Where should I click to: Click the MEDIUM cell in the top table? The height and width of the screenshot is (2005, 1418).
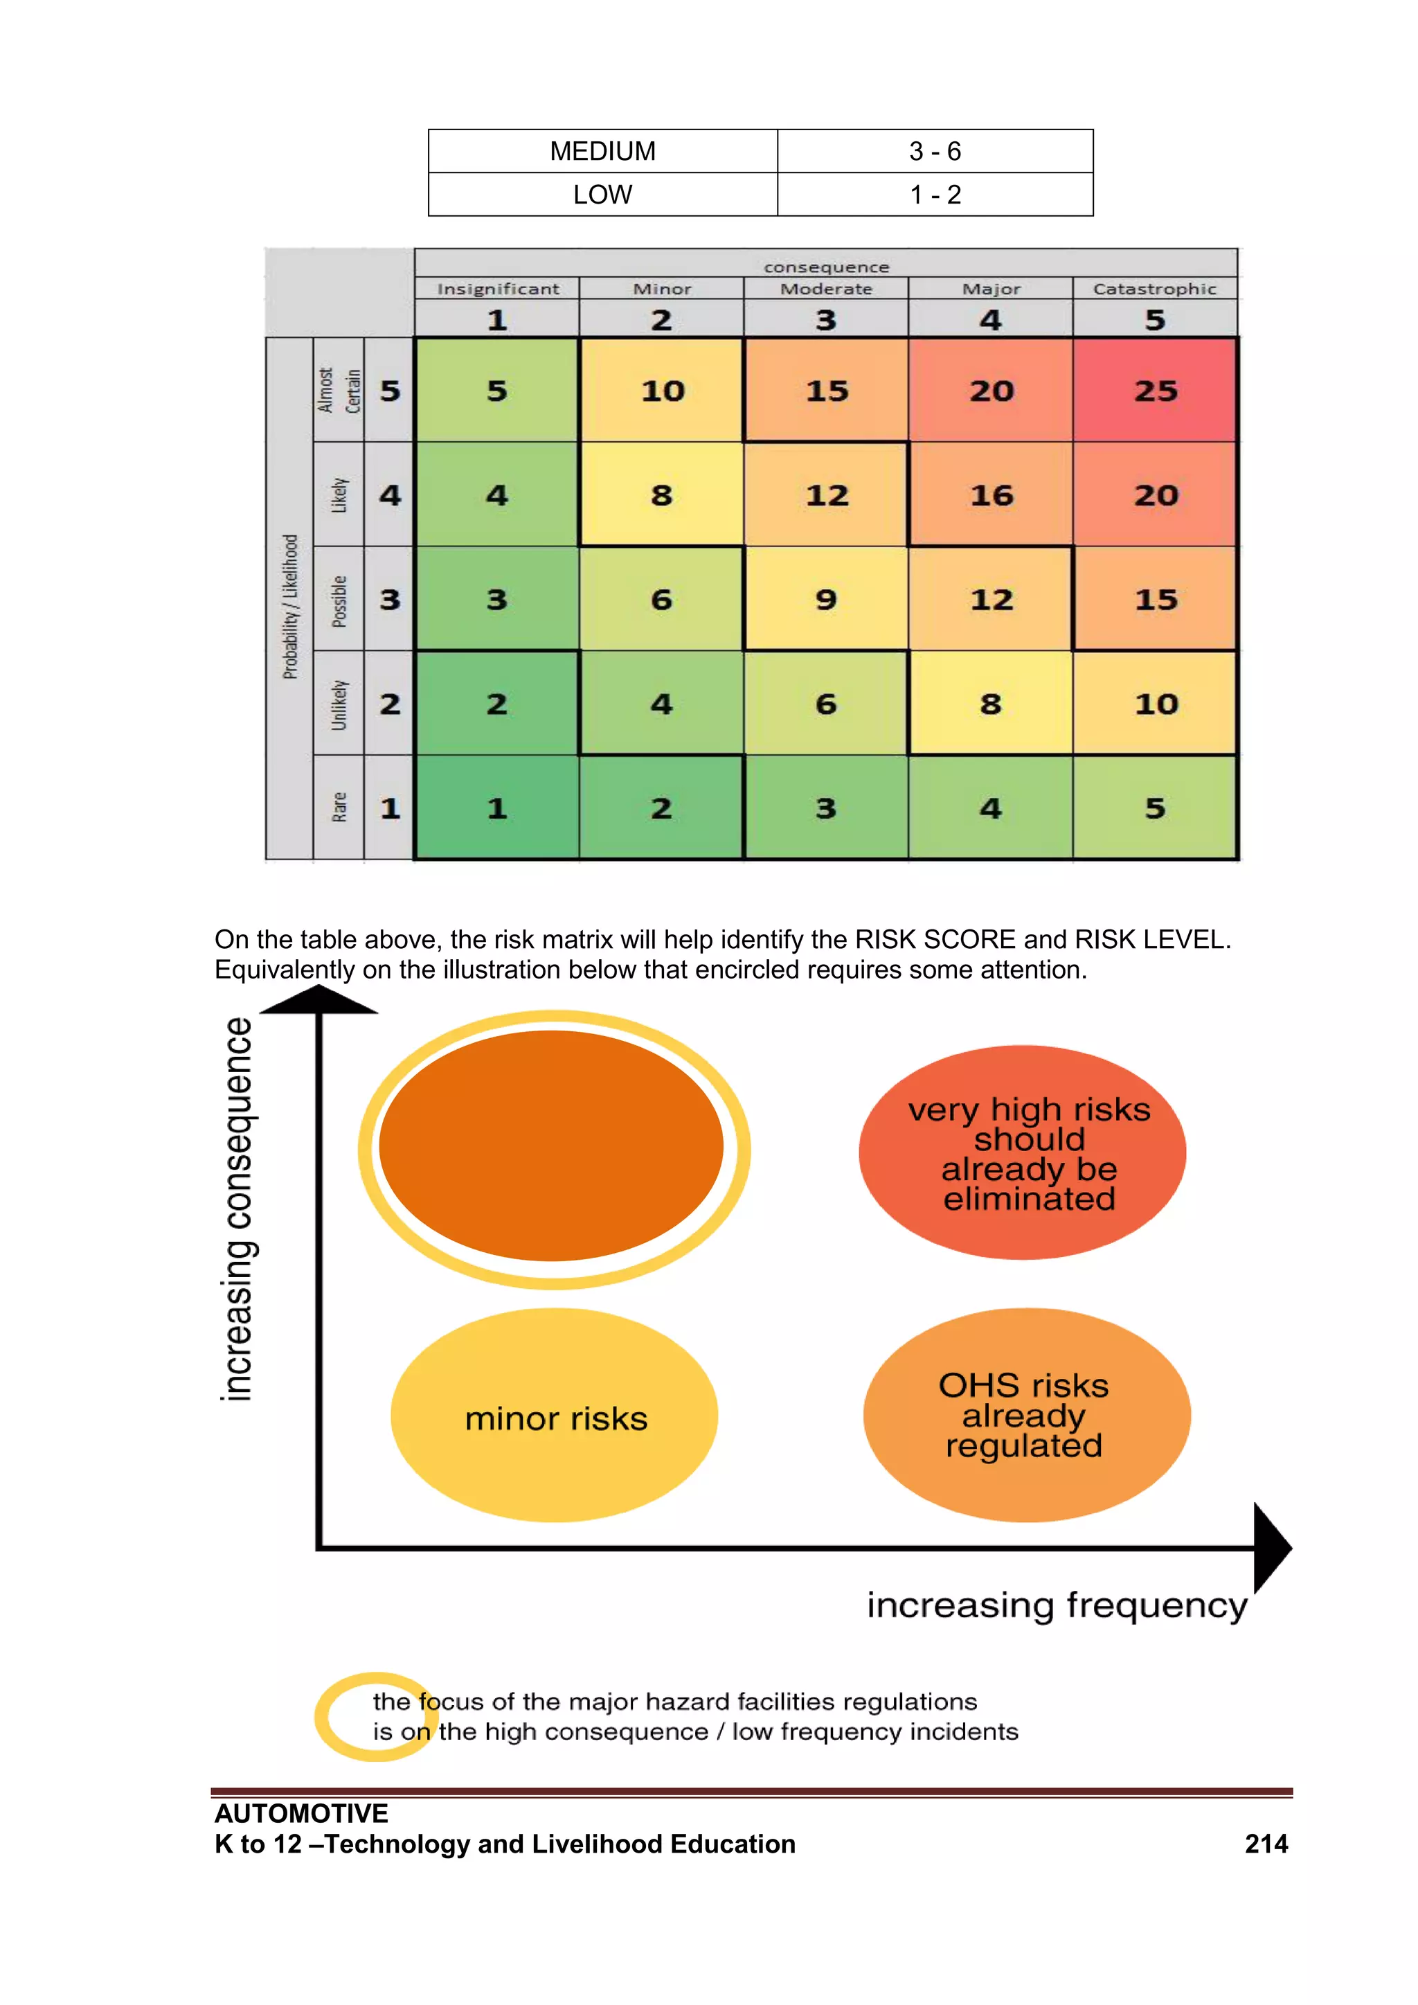pyautogui.click(x=602, y=151)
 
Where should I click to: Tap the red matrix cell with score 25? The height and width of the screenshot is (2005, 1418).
pyautogui.click(x=1154, y=391)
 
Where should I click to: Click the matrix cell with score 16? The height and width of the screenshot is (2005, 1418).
pyautogui.click(x=990, y=495)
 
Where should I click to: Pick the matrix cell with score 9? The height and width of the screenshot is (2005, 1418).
pyautogui.click(x=825, y=600)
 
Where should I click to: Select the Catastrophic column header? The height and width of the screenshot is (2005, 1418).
pyautogui.click(x=1154, y=289)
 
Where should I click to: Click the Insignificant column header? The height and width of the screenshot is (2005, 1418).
pyautogui.click(x=498, y=289)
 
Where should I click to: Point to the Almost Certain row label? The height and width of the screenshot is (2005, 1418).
pyautogui.click(x=338, y=391)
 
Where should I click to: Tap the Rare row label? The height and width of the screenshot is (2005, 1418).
pyautogui.click(x=339, y=808)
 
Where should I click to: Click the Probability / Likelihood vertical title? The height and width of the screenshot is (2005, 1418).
pyautogui.click(x=290, y=606)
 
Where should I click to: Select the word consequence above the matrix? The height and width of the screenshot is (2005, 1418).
pyautogui.click(x=826, y=267)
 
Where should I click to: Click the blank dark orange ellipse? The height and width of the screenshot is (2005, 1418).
pyautogui.click(x=551, y=1146)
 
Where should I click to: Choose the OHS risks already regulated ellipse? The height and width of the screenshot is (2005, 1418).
pyautogui.click(x=1026, y=1415)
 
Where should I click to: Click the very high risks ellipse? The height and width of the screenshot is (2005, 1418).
pyautogui.click(x=1023, y=1152)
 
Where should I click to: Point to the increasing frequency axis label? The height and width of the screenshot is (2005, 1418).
pyautogui.click(x=1057, y=1605)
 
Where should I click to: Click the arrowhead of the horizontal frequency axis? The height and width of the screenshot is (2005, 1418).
pyautogui.click(x=1271, y=1547)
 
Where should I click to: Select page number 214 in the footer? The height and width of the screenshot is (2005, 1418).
pyautogui.click(x=1266, y=1844)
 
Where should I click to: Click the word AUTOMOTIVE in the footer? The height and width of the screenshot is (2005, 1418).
pyautogui.click(x=301, y=1814)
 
